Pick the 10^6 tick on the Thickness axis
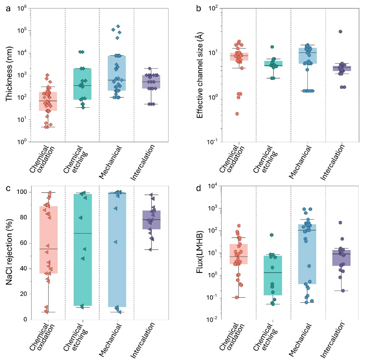22,8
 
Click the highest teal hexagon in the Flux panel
272,235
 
